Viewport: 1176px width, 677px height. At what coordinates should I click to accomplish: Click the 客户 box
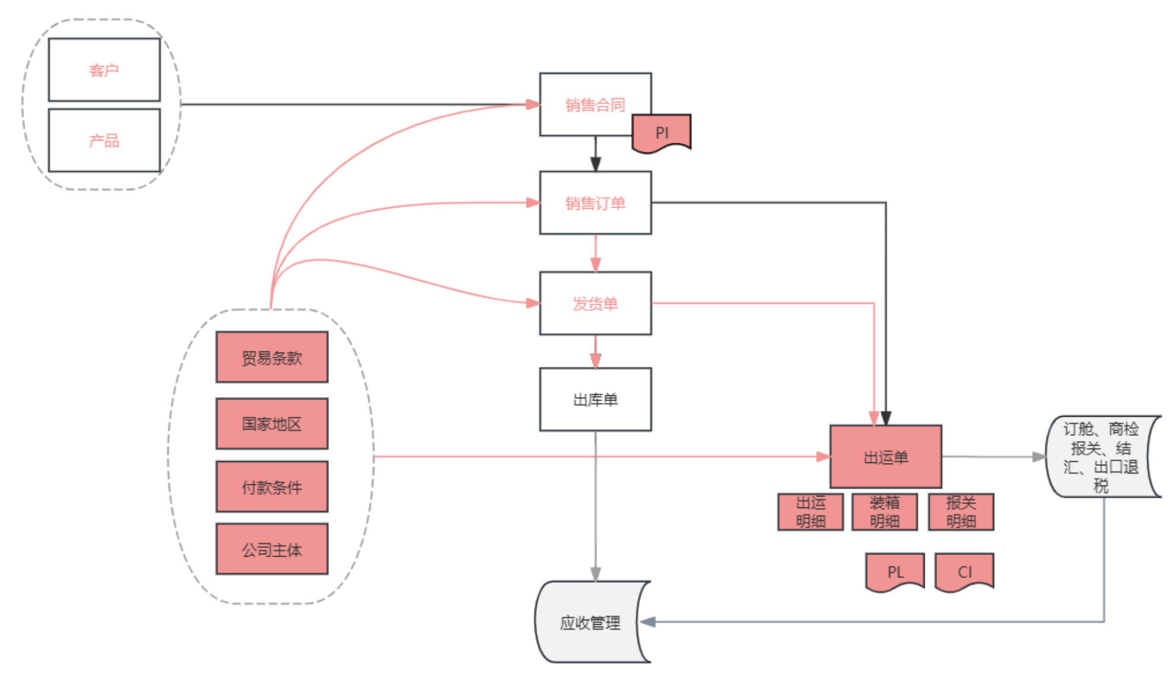coord(104,70)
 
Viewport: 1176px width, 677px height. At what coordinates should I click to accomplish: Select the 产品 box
coord(104,140)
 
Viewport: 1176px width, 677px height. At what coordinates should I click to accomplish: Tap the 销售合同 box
coord(595,104)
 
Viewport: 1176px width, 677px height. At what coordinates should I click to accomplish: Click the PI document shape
coord(662,132)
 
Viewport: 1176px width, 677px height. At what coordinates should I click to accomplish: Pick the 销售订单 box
coord(595,203)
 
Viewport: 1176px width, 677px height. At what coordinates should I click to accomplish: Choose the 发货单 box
coord(595,304)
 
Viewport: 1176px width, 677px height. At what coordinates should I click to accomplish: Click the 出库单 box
coord(595,400)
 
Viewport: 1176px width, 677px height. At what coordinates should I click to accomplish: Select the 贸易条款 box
coord(272,357)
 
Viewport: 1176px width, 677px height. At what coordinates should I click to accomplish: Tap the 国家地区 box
coord(272,424)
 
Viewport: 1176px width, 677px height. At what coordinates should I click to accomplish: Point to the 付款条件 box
coord(272,487)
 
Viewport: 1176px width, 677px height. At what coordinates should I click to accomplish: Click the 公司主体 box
coord(272,550)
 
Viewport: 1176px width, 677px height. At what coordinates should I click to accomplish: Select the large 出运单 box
coord(886,456)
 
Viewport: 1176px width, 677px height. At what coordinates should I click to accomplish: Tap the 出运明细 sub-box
coord(810,512)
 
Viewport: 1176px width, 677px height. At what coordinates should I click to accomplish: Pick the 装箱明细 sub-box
coord(884,512)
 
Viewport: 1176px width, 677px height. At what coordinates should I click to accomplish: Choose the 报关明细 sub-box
coord(961,512)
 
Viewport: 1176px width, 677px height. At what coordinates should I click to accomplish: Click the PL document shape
coord(895,571)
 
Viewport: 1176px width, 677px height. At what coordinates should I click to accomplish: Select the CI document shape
coord(964,571)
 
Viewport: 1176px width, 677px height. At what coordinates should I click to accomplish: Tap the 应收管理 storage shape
coord(590,622)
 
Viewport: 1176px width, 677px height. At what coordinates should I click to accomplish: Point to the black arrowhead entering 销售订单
coord(596,164)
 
